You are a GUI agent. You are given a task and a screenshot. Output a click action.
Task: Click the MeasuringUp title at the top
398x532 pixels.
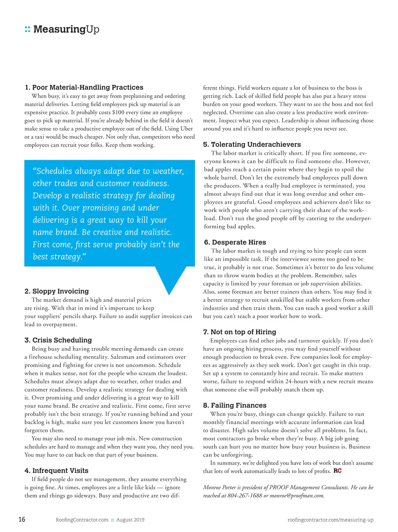pos(66,29)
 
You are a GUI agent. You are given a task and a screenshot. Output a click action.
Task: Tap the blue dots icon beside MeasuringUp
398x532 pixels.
pos(28,29)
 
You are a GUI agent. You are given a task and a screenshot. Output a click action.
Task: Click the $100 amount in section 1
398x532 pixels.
pos(118,112)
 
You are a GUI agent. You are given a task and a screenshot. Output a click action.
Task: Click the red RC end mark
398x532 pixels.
pos(337,471)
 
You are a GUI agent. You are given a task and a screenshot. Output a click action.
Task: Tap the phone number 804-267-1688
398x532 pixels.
pos(245,496)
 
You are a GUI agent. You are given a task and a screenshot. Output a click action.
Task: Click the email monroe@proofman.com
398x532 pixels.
pos(297,496)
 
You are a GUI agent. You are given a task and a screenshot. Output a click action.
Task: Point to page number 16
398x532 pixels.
pos(22,519)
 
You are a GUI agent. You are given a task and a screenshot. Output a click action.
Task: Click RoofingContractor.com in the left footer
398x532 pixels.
pos(82,520)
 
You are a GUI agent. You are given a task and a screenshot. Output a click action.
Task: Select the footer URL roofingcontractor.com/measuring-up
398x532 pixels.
pos(330,520)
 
